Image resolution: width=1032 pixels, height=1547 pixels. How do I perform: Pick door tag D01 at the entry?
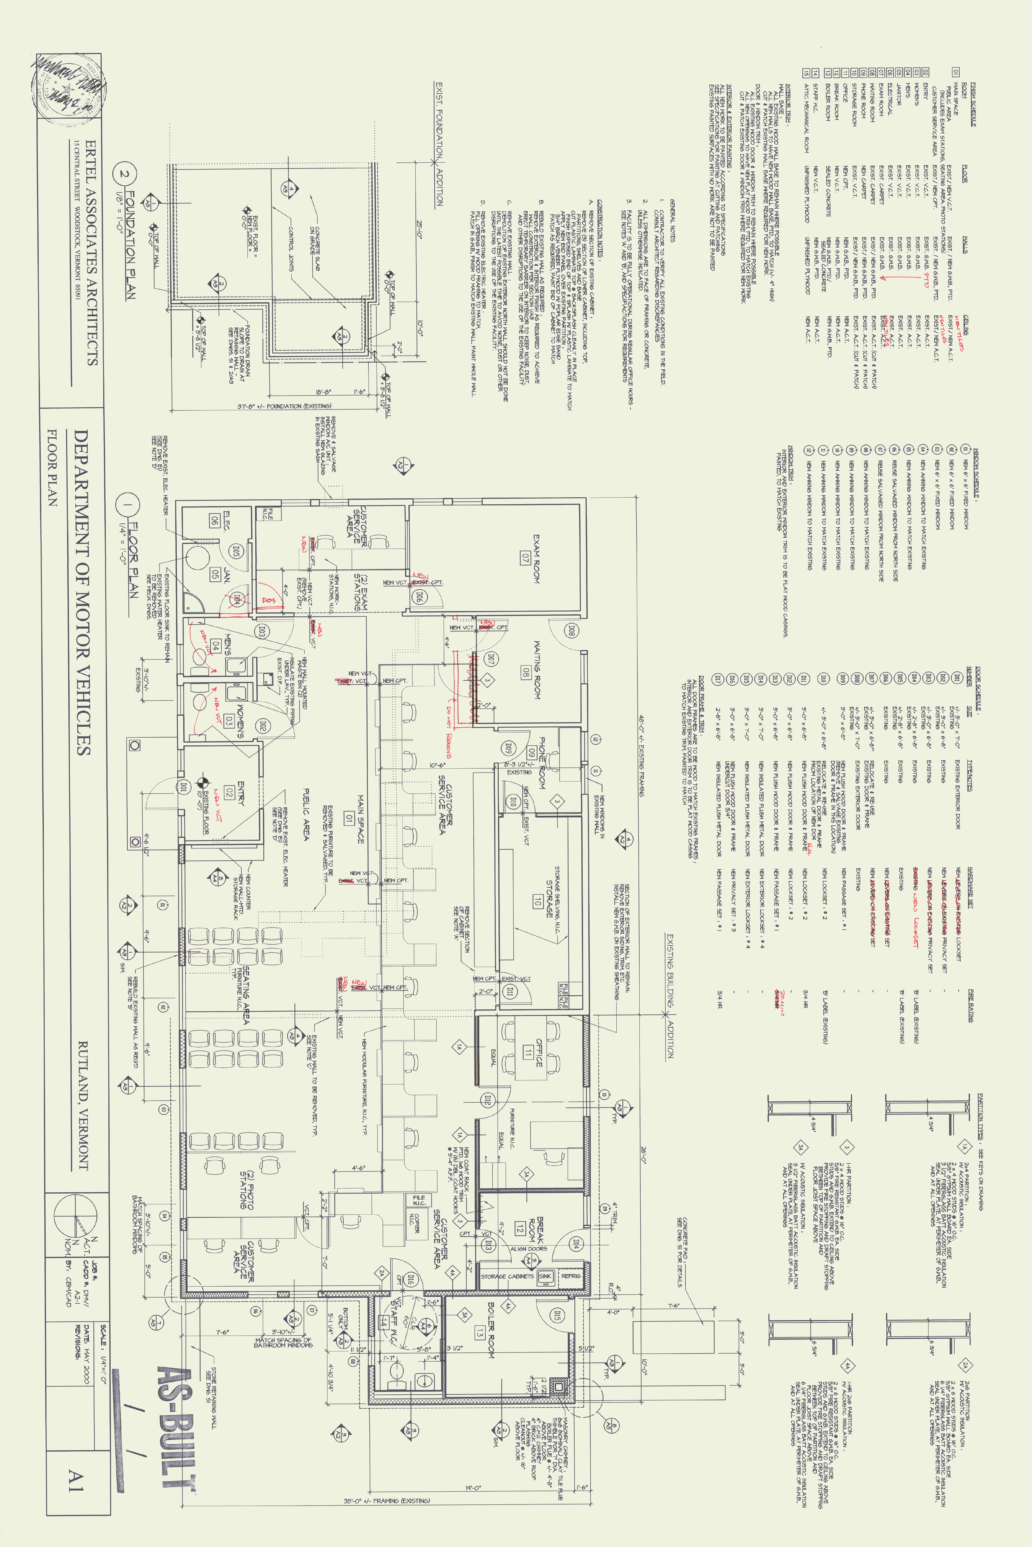(x=184, y=786)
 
